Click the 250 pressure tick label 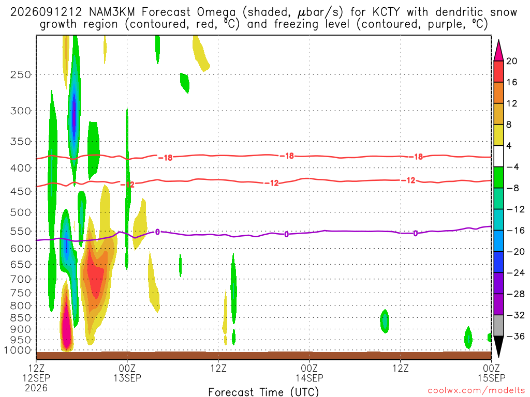pos(21,74)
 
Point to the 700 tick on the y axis pos(21,279)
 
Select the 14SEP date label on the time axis pos(310,378)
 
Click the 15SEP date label pos(492,378)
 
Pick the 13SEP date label pos(127,378)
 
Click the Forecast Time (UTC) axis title pos(263,392)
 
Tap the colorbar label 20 pos(511,61)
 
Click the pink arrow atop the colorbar pos(498,50)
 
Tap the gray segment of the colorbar pos(498,326)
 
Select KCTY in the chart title pos(386,12)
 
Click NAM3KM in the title pos(112,12)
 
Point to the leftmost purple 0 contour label pos(157,232)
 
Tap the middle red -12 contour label pos(271,183)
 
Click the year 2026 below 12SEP pos(36,388)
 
